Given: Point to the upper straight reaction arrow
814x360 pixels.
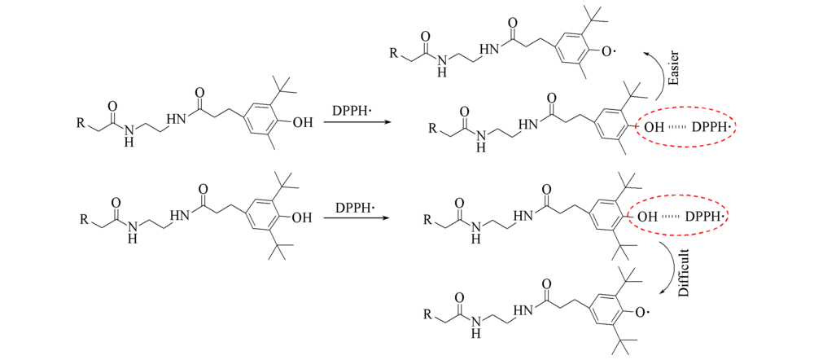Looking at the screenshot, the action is coord(357,123).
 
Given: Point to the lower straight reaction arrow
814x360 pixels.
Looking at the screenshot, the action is coord(357,217).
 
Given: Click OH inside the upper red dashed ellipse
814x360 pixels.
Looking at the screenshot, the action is coord(654,127).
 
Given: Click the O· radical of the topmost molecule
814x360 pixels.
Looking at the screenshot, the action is coord(607,51).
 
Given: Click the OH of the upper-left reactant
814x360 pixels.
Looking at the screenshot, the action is coord(303,123).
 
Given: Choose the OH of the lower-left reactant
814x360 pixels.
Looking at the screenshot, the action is coord(302,217).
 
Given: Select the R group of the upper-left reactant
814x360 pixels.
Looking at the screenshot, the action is coord(81,123).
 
